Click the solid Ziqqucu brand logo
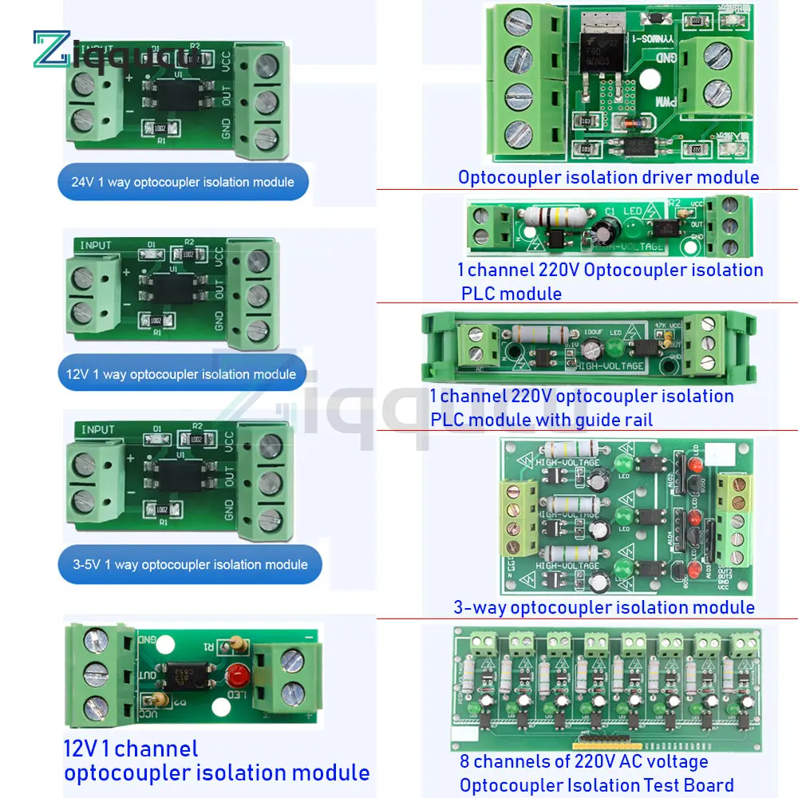coord(112,49)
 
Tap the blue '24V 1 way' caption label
coord(182,182)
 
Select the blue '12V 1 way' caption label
coord(182,373)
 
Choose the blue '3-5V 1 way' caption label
coord(192,565)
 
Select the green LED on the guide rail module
coord(614,349)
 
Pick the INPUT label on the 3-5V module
coord(97,429)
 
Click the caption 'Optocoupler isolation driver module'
coord(608,177)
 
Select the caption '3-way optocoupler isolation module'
coord(604,607)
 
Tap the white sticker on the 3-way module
coord(721,453)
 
